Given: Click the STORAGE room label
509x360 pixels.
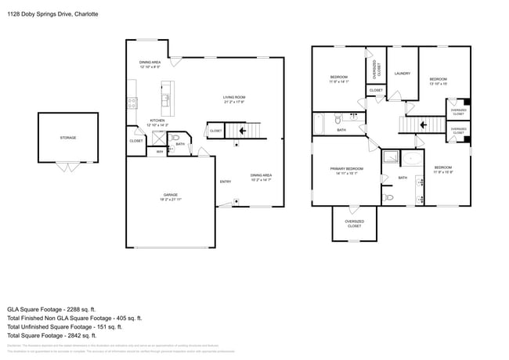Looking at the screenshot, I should click(x=68, y=138).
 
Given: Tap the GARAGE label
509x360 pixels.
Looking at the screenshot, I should click(x=171, y=195).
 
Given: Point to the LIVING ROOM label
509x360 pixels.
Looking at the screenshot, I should click(x=234, y=98).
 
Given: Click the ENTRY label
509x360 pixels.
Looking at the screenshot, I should click(x=226, y=182).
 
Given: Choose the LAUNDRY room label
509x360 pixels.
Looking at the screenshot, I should click(x=403, y=74).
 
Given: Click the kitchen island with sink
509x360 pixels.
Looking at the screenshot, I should click(x=165, y=99).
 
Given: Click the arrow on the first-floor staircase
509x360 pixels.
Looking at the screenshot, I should click(x=242, y=131).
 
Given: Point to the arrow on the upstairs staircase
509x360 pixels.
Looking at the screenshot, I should click(x=423, y=124).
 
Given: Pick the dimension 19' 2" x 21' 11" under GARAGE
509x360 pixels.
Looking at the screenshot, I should click(x=171, y=200).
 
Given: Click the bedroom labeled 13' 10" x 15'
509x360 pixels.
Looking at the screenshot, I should click(x=437, y=81).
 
